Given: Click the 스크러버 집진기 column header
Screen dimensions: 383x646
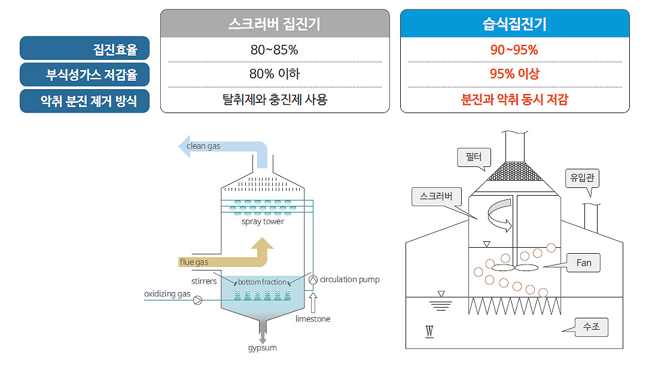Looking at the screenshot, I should coord(275,24).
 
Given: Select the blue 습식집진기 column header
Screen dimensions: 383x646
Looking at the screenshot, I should coord(514,24).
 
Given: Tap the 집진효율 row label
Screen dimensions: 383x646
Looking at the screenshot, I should coord(84,48).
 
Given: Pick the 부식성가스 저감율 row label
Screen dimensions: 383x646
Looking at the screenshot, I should coord(84,75).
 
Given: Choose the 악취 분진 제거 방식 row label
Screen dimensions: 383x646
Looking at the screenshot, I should coord(84,101).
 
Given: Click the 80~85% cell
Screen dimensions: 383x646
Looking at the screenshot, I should coord(274,50).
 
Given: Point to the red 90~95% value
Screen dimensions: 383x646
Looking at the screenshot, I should coord(514,50).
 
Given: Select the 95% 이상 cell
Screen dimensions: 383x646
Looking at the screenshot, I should coord(514,74).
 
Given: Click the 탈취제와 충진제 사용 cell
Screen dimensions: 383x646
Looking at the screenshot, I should coord(274,99).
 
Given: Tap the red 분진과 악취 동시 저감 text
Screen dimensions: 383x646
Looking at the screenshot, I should coord(514,99).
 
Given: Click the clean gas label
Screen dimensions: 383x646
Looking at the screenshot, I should coord(203,146).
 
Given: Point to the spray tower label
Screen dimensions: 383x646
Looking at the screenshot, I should coord(263,221).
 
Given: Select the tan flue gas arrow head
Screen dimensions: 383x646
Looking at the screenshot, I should coord(262,245).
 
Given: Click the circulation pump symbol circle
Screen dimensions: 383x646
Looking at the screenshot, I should coord(312,279).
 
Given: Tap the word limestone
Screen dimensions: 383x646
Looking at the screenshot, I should coord(313,319).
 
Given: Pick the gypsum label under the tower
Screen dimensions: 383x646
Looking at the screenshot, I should coord(262,348).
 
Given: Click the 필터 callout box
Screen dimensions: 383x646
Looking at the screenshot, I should coord(474,157).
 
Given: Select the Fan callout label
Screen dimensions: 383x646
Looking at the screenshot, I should coord(583,263).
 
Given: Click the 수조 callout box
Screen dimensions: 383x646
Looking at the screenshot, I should coord(591,327).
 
